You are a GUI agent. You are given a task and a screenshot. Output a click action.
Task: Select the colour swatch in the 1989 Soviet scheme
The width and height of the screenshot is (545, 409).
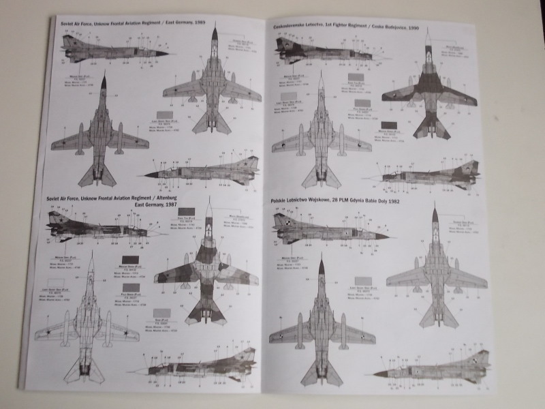click(165, 115)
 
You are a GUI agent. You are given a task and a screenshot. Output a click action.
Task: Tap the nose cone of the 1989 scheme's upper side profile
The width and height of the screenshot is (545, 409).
click(168, 52)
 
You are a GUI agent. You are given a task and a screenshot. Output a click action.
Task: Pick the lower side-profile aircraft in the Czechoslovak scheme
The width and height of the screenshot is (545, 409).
click(436, 176)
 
